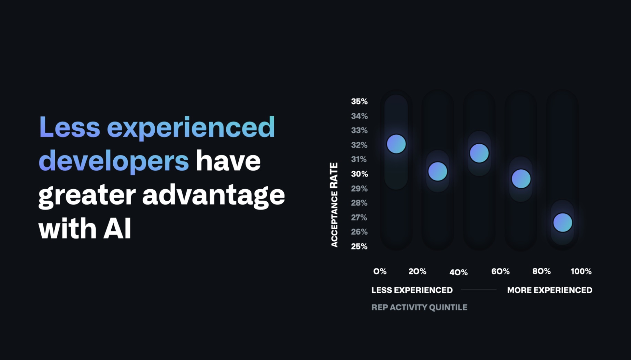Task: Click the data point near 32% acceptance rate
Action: click(x=396, y=144)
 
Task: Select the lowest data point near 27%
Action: click(x=562, y=222)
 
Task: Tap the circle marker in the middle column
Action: click(x=479, y=153)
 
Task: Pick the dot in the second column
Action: click(x=438, y=171)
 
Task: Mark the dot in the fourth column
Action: click(x=521, y=179)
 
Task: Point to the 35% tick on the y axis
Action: click(x=359, y=102)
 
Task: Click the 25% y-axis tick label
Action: click(x=359, y=246)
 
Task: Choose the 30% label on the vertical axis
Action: click(x=360, y=174)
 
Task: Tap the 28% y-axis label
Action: click(x=359, y=203)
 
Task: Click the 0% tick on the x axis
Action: click(x=380, y=271)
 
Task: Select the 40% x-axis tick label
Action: click(x=458, y=272)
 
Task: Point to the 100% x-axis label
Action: click(x=581, y=271)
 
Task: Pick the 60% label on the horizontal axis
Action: click(x=500, y=271)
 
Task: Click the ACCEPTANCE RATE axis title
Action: click(x=334, y=205)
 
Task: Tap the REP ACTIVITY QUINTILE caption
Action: click(x=420, y=307)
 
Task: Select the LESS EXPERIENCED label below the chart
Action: click(x=412, y=290)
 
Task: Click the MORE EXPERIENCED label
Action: click(x=550, y=290)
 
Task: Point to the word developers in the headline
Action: click(x=114, y=161)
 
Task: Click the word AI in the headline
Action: click(x=117, y=228)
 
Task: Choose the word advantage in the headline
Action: click(x=214, y=195)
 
